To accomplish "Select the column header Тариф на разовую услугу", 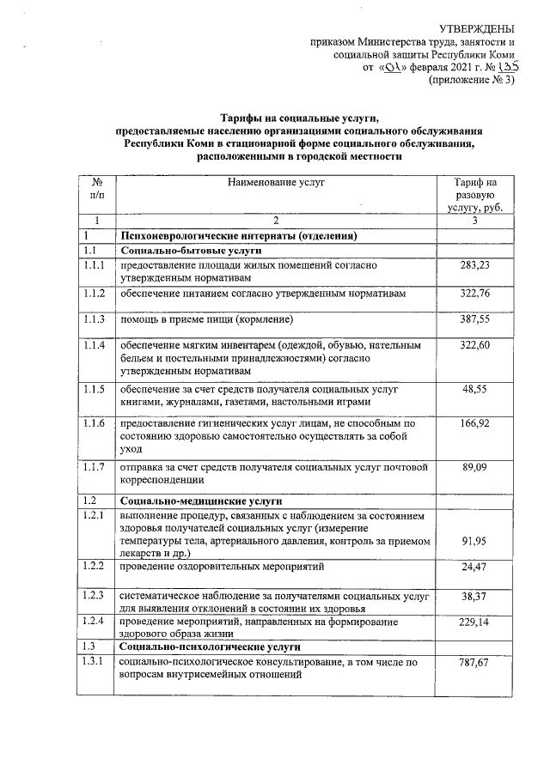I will pos(474,195).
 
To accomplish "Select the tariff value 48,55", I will pos(474,389).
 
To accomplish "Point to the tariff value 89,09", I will pos(474,467).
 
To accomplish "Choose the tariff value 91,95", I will pos(474,542).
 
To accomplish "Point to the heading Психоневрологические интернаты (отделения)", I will pos(239,235).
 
